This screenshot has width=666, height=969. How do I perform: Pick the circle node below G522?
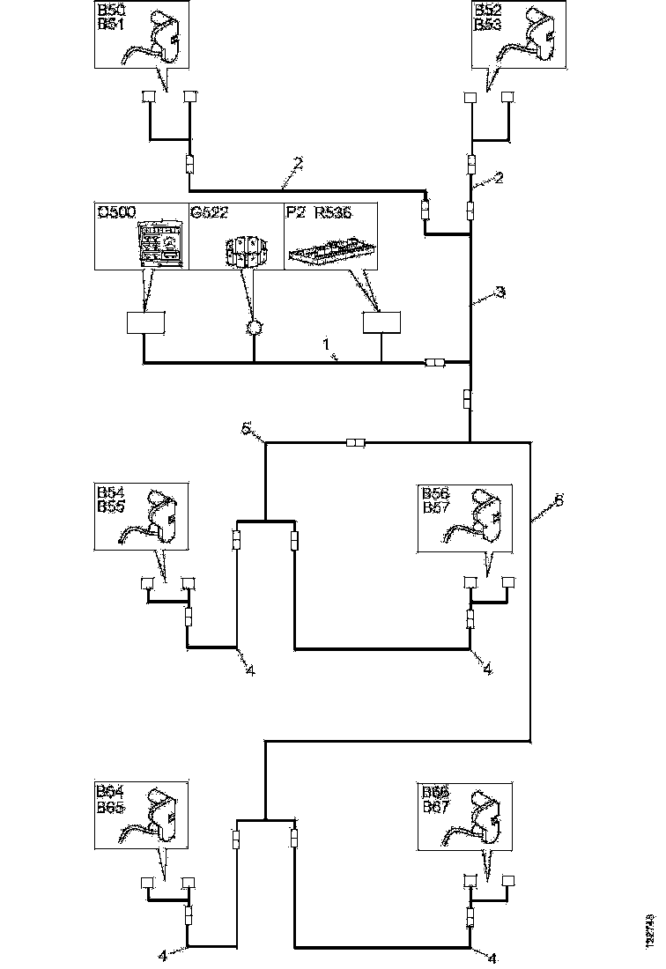coord(254,328)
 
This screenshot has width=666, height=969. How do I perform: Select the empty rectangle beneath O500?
coord(146,323)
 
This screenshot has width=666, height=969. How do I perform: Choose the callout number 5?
coord(248,429)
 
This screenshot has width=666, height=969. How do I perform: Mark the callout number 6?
coord(557,500)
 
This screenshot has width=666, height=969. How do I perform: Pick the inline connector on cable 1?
coord(434,362)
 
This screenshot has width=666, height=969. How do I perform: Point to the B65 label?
coord(110,806)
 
